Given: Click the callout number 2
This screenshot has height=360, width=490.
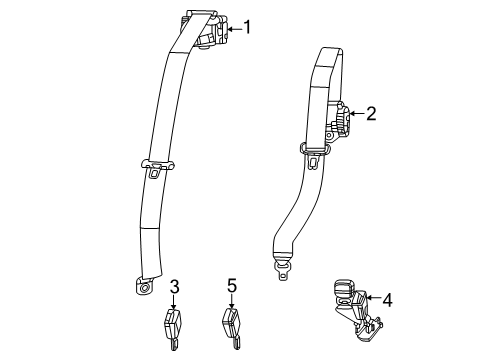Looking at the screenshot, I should pyautogui.click(x=370, y=115).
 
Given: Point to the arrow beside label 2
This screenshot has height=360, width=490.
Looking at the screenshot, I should pyautogui.click(x=355, y=116).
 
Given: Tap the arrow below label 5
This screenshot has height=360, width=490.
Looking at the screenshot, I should pyautogui.click(x=231, y=304).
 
